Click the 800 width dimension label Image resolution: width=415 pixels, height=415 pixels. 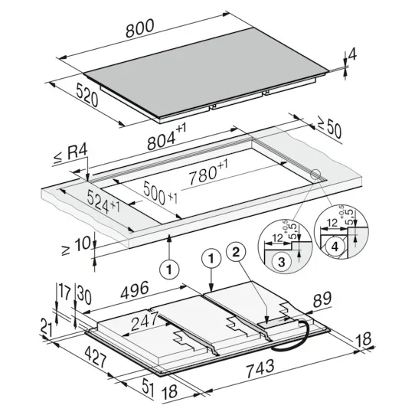pos(139,28)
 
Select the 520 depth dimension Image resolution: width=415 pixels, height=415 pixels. pos(87,94)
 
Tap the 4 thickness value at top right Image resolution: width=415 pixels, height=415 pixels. pos(352,54)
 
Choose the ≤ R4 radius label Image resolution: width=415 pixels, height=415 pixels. pos(70,155)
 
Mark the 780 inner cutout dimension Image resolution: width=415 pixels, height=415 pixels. pos(208,172)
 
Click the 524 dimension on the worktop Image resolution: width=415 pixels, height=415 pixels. pos(103,201)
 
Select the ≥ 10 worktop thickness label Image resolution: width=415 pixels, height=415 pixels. pos(76,245)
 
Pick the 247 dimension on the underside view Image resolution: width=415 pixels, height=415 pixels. pos(145,321)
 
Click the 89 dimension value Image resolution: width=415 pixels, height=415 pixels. pos(322,299)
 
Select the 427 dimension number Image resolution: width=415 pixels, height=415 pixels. pos(96,357)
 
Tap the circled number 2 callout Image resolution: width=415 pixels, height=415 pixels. pos(236,252)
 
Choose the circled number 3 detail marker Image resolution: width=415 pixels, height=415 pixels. pos(282,262)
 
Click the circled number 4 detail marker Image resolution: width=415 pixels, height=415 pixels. pos(335,247)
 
